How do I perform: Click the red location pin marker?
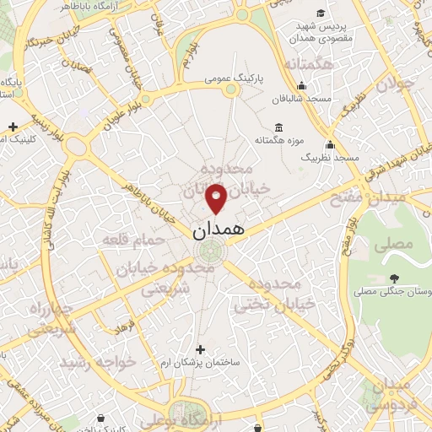coord(217,198)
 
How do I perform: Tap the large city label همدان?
coord(218,229)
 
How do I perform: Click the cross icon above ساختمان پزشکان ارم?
coord(200,348)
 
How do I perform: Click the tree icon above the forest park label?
coord(394,278)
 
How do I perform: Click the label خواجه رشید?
coord(93,362)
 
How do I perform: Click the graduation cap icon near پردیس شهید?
coord(321,12)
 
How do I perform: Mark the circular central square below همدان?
coord(210,251)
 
